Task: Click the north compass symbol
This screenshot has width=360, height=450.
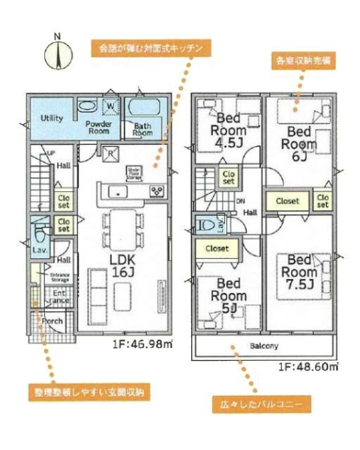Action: click(x=57, y=54)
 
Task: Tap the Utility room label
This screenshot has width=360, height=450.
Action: click(x=52, y=118)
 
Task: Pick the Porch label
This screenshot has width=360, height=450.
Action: click(x=52, y=321)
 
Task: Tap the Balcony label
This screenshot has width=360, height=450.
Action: click(x=263, y=346)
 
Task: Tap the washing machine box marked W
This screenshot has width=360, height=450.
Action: click(x=110, y=106)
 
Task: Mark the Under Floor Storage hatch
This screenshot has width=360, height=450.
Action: click(x=136, y=173)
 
